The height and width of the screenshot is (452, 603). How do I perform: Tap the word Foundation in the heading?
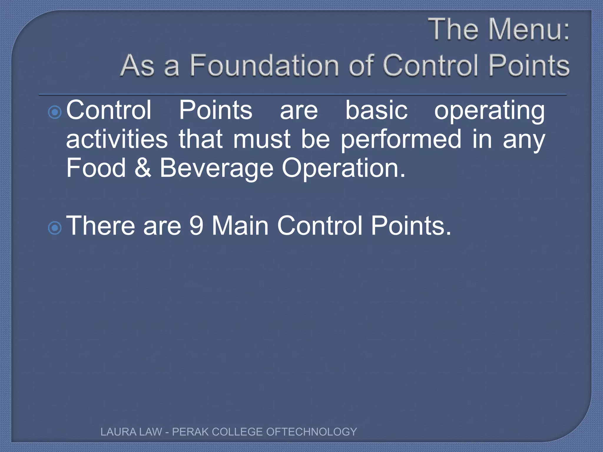(x=264, y=65)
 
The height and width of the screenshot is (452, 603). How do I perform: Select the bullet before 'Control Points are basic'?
(x=54, y=112)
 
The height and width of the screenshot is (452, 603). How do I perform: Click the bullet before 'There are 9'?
(x=54, y=228)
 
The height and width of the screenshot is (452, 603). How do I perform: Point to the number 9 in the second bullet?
(x=196, y=226)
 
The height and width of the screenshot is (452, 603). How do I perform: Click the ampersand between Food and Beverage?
(x=143, y=168)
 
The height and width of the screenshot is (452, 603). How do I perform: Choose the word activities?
(x=117, y=139)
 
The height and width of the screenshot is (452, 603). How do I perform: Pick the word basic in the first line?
(x=376, y=110)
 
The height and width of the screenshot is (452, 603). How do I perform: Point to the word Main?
(x=240, y=226)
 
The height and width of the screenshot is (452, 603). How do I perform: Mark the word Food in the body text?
(x=96, y=168)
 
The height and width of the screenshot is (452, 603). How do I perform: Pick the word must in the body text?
(x=262, y=139)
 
